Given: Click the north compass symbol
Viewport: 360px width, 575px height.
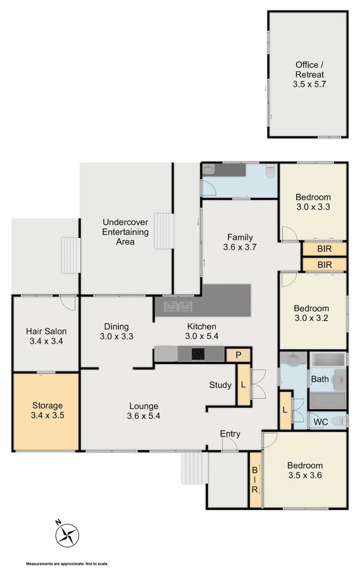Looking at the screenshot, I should (x=67, y=533).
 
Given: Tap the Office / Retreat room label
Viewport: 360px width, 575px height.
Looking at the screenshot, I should (x=308, y=75).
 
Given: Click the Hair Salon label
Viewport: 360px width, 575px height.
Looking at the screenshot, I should (x=46, y=336).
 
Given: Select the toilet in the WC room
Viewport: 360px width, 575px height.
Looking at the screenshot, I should (x=337, y=421).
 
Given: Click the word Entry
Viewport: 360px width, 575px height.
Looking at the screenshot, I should (x=230, y=434).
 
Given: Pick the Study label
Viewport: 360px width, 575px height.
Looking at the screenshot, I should (x=220, y=385).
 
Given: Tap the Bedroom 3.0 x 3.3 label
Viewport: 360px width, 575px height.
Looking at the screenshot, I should (x=313, y=202).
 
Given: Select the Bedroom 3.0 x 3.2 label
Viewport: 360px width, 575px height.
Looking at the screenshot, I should (x=312, y=313).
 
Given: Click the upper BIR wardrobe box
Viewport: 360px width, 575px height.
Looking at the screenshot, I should (x=324, y=249).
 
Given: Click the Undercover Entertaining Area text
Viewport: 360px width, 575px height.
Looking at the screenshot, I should (x=125, y=232).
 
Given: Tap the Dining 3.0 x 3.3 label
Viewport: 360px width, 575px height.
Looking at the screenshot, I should (x=116, y=331).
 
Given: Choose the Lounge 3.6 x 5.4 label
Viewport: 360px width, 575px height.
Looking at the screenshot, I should (x=143, y=411).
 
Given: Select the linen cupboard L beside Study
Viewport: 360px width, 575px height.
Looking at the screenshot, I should (x=243, y=384).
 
